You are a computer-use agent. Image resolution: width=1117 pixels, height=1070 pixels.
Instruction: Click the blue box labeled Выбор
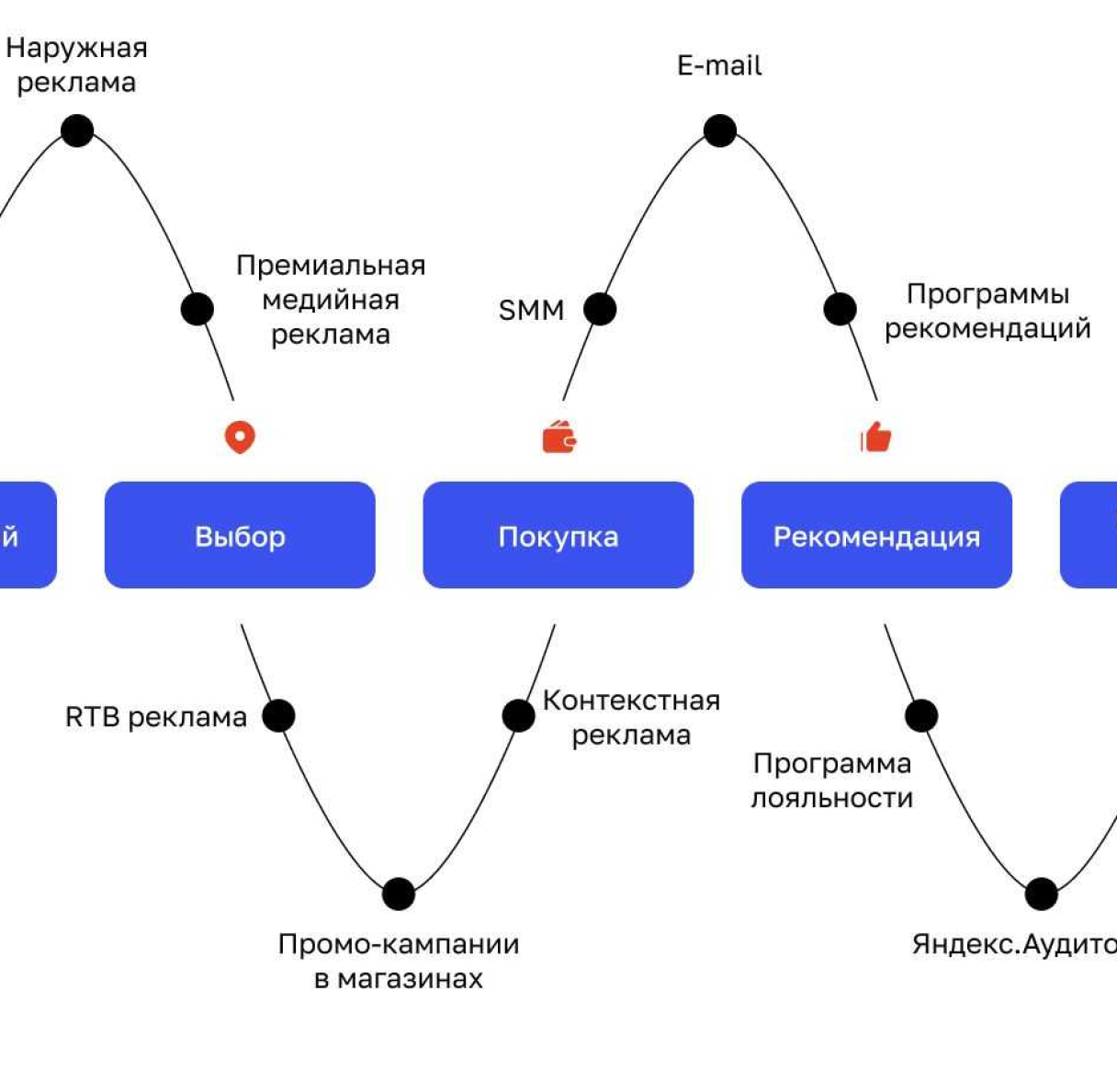coord(240,535)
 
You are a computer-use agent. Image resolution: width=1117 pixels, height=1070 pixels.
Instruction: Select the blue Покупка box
coord(558,535)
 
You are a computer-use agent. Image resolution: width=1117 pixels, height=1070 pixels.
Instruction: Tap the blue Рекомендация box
coord(876,535)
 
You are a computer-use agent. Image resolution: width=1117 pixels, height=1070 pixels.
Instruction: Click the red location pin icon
coord(240,437)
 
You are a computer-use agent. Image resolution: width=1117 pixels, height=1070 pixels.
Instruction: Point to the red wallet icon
coord(559,438)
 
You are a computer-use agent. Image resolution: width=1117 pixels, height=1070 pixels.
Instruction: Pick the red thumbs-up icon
coord(875,438)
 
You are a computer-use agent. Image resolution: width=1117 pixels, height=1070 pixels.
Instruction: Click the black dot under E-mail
coord(720,131)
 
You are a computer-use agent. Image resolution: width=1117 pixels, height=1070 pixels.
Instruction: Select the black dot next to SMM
coord(600,309)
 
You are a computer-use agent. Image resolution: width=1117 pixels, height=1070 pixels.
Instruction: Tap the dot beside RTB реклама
coord(278,715)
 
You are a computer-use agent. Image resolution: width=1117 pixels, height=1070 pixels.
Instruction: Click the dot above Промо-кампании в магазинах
coord(399,894)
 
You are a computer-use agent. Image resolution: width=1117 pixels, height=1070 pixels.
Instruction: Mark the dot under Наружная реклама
coord(77,131)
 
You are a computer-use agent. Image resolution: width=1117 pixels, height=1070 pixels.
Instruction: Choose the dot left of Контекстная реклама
coord(518,715)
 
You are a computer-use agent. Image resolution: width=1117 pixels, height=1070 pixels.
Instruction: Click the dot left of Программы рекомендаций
coord(840,309)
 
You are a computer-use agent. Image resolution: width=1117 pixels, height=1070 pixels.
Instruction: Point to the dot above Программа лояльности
coord(921,715)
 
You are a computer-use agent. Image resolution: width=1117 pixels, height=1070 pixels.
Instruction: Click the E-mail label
coord(719,66)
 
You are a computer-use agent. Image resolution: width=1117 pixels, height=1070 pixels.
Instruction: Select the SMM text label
coord(531,311)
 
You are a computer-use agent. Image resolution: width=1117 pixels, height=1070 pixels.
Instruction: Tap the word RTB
coord(92,717)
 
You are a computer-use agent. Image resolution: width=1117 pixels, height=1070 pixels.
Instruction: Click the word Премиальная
coord(331,266)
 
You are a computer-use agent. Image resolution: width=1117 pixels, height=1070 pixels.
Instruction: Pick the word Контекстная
coord(631,700)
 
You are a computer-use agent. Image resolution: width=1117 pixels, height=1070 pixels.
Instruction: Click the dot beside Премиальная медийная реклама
coord(197,309)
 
